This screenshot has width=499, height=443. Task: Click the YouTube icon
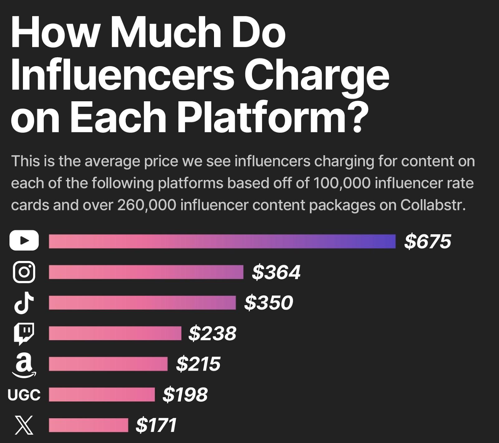tap(24, 241)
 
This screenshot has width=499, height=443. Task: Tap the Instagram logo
tap(24, 272)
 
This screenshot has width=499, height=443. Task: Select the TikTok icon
tap(24, 302)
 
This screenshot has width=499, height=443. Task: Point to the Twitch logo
tap(24, 333)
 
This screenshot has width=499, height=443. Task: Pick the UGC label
tap(24, 395)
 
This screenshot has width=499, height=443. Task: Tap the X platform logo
tap(24, 425)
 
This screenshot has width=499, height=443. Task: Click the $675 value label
tap(428, 241)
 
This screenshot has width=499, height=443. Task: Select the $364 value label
tap(276, 272)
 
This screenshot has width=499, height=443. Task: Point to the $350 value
tap(269, 303)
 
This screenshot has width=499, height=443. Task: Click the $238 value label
tap(212, 333)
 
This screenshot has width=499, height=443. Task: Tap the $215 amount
tap(198, 364)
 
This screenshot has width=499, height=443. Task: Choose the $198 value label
tap(185, 394)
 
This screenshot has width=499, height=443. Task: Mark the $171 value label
tap(156, 425)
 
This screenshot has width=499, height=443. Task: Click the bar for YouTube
tap(222, 242)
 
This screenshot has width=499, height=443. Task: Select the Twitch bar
tap(115, 333)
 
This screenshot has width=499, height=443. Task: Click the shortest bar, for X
tap(89, 425)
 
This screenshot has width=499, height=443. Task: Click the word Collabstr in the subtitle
tap(433, 205)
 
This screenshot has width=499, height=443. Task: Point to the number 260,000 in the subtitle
tap(146, 205)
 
